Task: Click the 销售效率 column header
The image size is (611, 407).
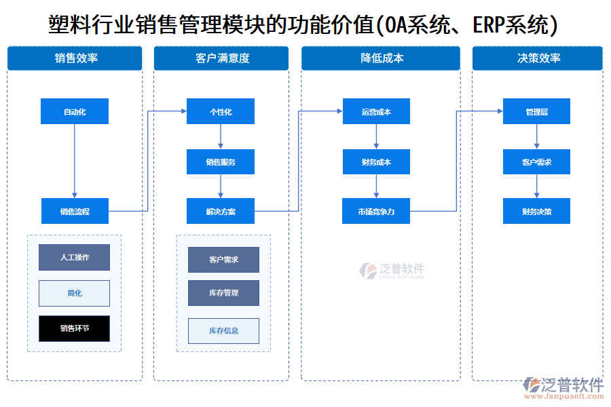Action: tap(75, 58)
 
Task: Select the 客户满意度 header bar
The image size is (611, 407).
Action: tap(221, 58)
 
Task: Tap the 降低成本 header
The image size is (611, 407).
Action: tap(381, 58)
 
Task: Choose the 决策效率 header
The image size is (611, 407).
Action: tap(537, 58)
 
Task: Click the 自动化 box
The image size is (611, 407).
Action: tap(75, 111)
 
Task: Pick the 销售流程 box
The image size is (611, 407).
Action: tap(75, 211)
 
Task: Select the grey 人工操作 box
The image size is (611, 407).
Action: tap(74, 257)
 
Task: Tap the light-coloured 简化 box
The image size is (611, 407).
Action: tap(74, 293)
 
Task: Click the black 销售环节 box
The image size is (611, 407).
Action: tap(74, 328)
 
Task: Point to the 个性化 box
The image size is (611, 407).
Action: tap(221, 111)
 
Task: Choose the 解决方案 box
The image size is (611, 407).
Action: tap(221, 211)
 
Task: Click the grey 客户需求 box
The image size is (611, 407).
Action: tap(223, 260)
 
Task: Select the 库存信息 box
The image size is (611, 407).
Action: tap(223, 330)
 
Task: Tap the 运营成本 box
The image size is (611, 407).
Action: tap(376, 111)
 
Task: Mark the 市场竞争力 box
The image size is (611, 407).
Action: tap(376, 211)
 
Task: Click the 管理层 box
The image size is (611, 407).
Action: tap(536, 111)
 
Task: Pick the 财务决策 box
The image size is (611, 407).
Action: tap(536, 211)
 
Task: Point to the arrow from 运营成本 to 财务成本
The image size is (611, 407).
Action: tap(376, 137)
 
